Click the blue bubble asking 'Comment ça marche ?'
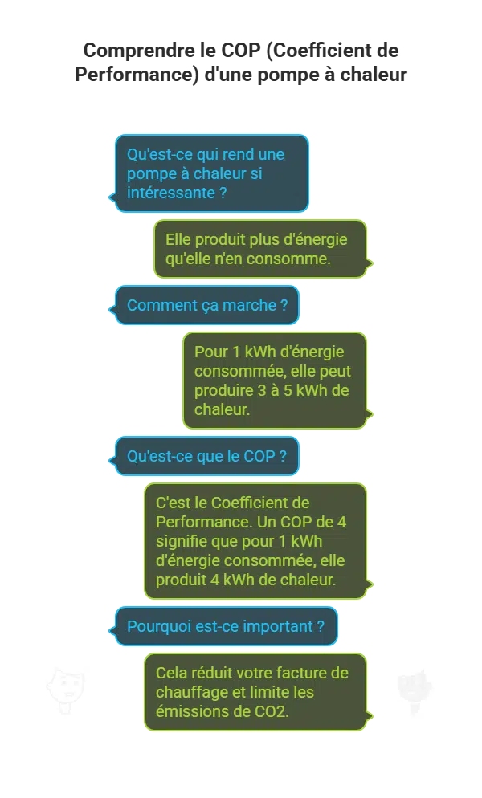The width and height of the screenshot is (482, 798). coord(207,305)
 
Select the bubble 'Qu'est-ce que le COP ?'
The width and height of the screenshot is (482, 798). coord(207,456)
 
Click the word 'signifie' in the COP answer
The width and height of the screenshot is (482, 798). coord(181,540)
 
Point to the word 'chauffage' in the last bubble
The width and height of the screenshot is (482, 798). coord(189,692)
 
